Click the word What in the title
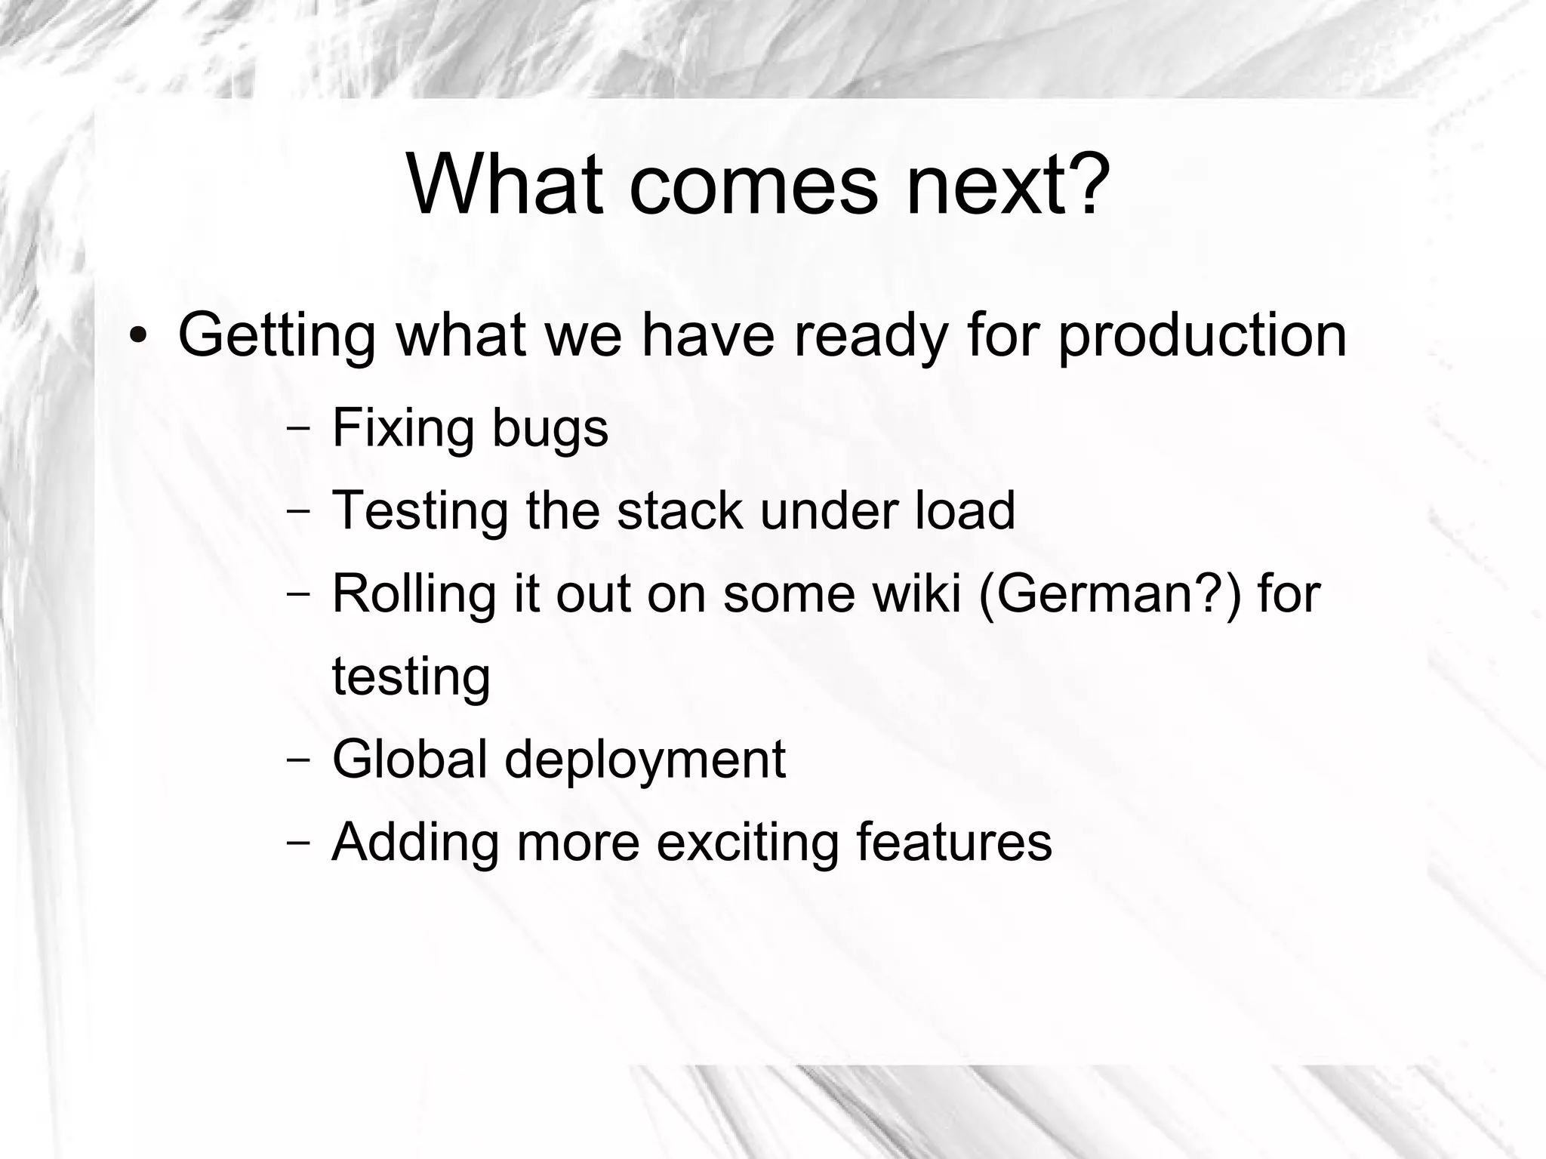pos(505,185)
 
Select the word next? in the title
pos(1008,185)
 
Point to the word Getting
pos(276,336)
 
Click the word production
pos(1202,336)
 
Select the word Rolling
pos(414,593)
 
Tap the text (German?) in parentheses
pos(1110,593)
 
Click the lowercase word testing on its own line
pos(411,677)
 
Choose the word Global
pos(409,759)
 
